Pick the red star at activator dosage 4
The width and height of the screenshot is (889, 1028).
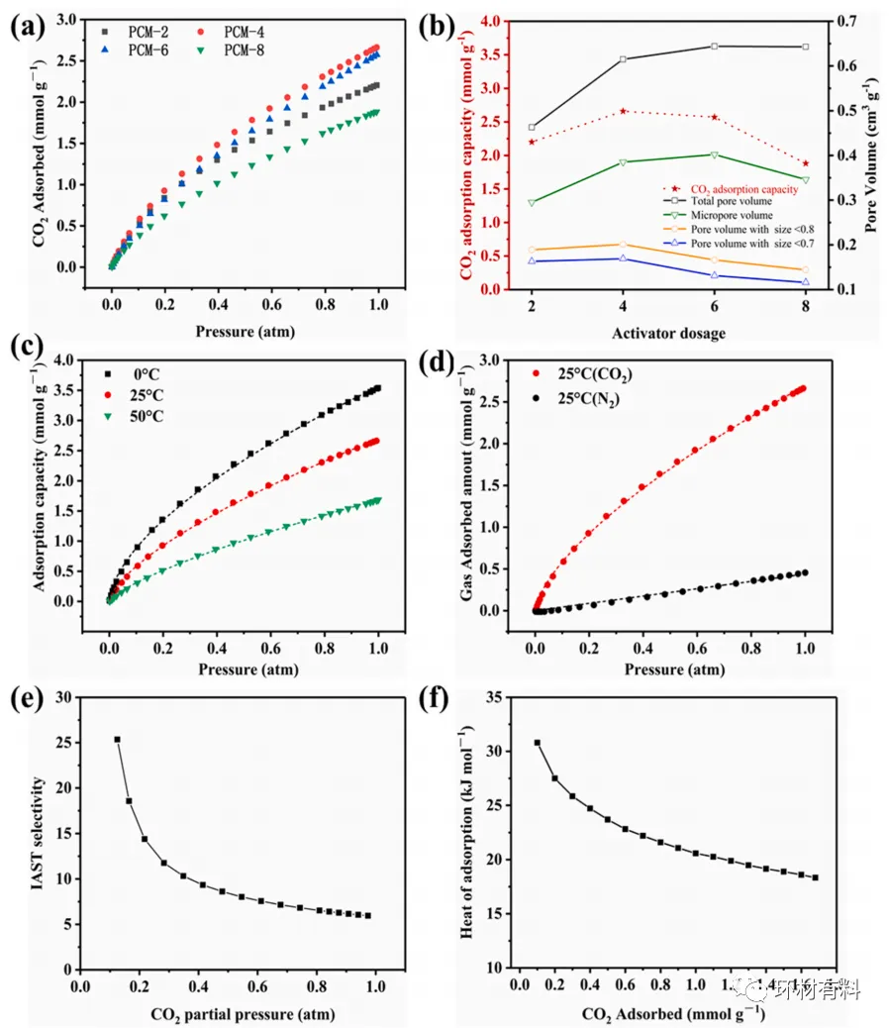623,111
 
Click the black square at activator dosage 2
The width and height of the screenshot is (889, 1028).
532,128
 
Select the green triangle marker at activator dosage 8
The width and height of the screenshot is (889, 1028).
805,179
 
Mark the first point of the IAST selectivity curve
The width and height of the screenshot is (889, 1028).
117,740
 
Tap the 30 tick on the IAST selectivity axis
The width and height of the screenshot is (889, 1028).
64,697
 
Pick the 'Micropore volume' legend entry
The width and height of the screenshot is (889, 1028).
731,215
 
